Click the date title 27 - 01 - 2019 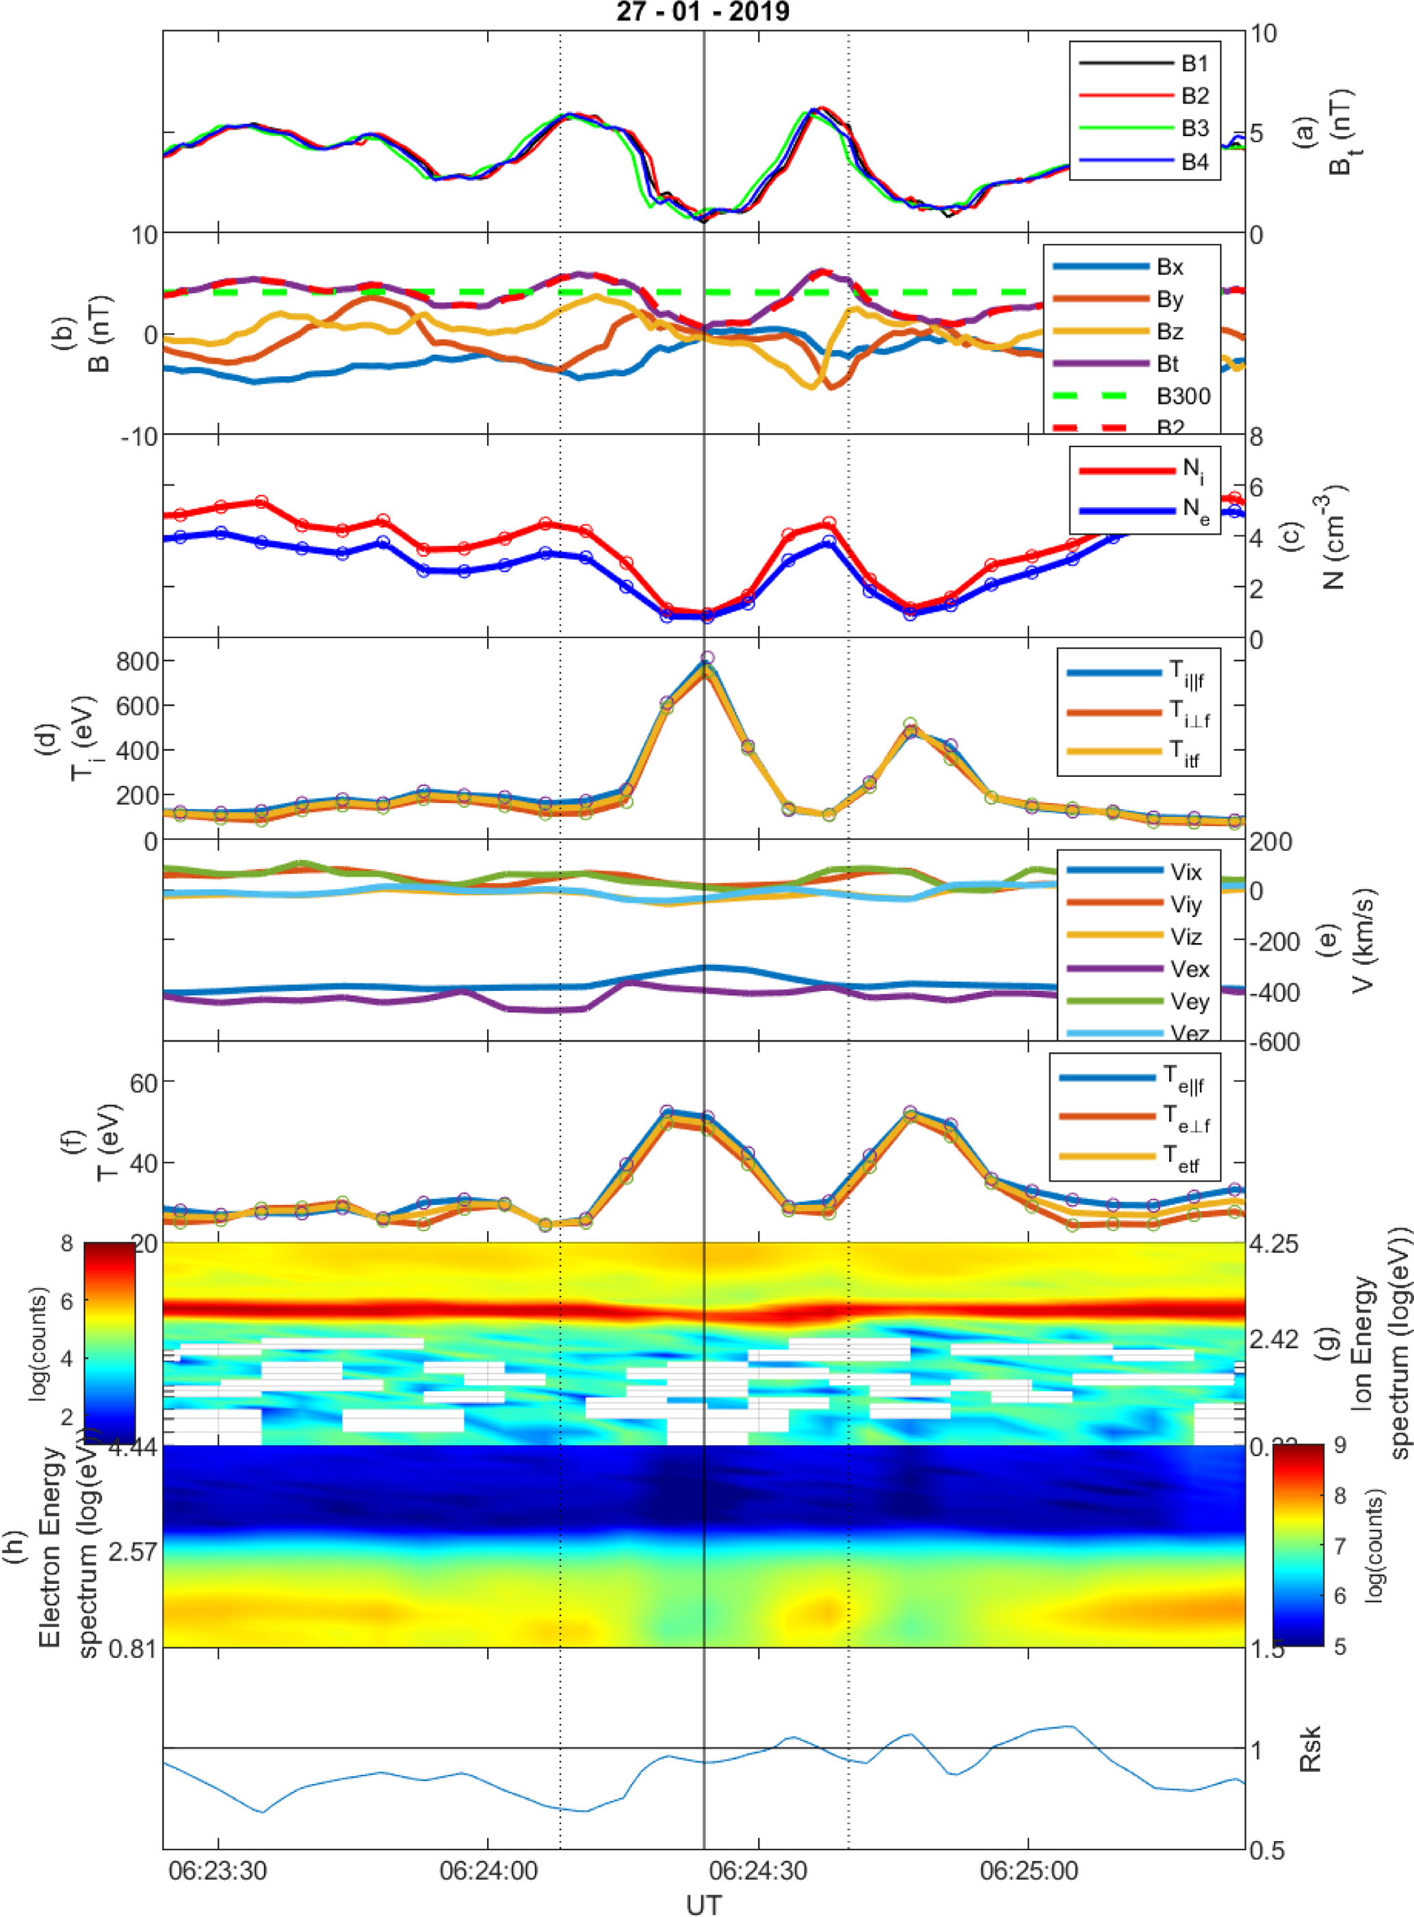703,12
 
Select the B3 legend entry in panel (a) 1195,129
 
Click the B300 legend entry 1183,396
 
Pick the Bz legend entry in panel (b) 1169,332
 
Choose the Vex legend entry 1189,970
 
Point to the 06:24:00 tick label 488,1870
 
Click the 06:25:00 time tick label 1029,1870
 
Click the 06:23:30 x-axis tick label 218,1870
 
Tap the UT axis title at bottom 703,1904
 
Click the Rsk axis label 1309,1748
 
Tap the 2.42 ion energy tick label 1274,1339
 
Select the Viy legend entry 1186,905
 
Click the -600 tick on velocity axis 1274,1042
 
